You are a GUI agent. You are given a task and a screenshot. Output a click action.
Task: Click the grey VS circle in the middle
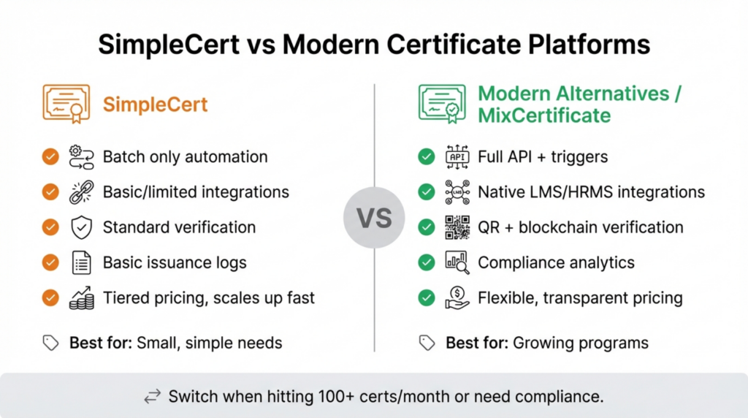373,218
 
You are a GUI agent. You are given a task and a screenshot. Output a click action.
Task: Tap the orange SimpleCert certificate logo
66,103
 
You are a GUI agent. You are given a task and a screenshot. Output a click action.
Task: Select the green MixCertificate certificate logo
441,103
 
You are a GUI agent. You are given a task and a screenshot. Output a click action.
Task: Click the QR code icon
457,227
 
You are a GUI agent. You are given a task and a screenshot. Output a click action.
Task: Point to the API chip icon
457,156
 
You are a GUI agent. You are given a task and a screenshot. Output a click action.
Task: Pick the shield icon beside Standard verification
81,227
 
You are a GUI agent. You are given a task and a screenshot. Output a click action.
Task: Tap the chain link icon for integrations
81,192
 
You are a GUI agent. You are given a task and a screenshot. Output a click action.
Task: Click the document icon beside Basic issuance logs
81,263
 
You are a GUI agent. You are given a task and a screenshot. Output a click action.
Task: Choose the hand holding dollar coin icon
457,298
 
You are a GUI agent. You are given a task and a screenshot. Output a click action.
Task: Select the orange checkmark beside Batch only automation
50,156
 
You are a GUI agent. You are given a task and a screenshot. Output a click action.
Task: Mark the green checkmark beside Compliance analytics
426,263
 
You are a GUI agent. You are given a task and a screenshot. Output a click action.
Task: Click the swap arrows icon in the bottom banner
152,397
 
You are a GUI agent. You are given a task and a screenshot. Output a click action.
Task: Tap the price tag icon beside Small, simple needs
50,343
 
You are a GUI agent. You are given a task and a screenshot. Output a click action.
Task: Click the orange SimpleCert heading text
155,104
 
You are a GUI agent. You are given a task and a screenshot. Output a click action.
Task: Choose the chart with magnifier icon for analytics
457,263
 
